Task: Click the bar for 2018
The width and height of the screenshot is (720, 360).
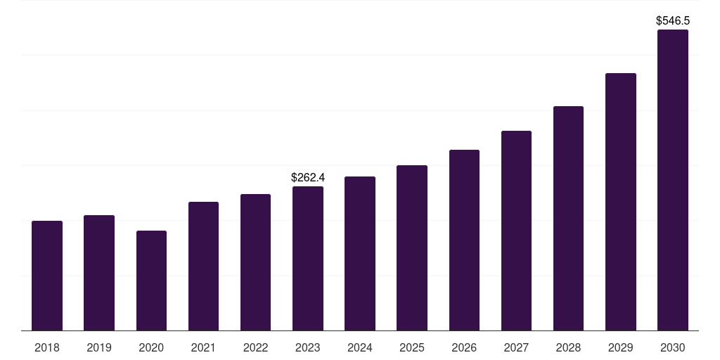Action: click(47, 276)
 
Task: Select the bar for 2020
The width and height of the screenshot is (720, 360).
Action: click(152, 281)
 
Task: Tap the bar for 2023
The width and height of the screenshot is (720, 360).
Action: click(308, 259)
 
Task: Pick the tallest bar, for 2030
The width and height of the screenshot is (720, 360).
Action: click(673, 180)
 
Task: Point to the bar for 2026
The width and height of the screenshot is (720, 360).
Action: click(464, 240)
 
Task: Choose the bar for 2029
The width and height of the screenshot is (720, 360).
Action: click(621, 202)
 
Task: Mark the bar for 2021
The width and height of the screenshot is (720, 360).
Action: click(203, 266)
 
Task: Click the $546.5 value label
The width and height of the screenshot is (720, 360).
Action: click(673, 20)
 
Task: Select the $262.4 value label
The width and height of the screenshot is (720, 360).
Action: click(308, 177)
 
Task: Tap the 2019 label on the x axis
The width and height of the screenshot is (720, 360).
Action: click(99, 347)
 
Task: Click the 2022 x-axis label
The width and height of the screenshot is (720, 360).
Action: click(255, 347)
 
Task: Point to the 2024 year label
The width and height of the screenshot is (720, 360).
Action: click(360, 347)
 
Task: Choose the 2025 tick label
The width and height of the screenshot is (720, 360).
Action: click(412, 347)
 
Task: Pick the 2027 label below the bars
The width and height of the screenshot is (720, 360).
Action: click(516, 347)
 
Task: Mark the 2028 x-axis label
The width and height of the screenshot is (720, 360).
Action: click(568, 347)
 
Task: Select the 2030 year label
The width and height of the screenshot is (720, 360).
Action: click(673, 347)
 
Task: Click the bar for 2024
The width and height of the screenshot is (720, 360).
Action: click(360, 253)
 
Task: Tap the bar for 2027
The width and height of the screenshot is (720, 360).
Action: click(516, 231)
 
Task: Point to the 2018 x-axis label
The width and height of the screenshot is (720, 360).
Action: click(47, 347)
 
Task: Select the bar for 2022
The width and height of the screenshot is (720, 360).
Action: click(255, 262)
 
